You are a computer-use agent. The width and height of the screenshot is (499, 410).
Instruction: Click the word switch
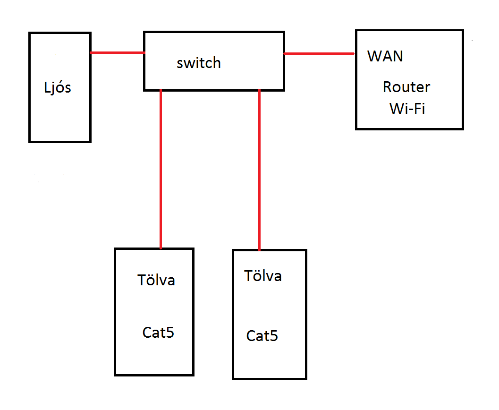point(199,63)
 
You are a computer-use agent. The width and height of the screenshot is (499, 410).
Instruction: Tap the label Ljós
point(57,87)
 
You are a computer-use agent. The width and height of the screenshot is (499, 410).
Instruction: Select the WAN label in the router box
point(385,56)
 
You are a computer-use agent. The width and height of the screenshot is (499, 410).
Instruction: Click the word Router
point(406,87)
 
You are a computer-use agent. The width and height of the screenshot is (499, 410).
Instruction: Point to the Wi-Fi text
point(407,109)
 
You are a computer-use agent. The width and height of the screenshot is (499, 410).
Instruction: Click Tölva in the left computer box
point(156,280)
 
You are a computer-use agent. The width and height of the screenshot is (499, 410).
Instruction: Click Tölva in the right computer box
point(263,276)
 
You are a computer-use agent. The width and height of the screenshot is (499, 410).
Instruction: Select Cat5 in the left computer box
point(158,333)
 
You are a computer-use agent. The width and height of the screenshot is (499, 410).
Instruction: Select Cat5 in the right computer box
point(262,336)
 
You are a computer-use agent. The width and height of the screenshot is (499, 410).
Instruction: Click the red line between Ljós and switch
point(117,52)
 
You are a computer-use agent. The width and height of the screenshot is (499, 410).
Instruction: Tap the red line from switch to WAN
point(319,54)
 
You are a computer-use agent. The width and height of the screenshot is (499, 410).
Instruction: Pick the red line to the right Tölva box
point(259,170)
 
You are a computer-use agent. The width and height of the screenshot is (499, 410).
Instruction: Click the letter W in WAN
point(375,56)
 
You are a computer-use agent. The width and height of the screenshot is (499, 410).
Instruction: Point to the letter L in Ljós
point(47,87)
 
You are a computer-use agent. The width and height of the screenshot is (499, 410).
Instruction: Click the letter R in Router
point(387,87)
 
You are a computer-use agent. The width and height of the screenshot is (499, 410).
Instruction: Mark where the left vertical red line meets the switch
point(161,90)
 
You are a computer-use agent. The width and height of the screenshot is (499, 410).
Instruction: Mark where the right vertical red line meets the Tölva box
point(259,250)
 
